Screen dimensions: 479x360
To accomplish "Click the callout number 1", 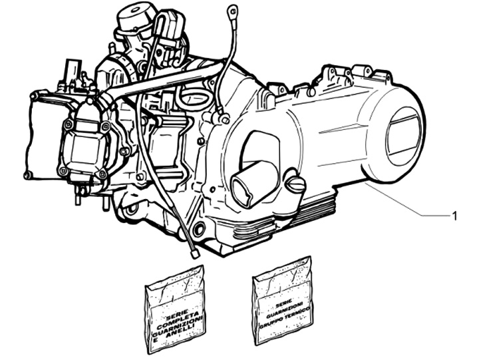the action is (x=454, y=216).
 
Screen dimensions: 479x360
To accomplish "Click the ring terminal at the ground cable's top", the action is (x=232, y=11).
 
